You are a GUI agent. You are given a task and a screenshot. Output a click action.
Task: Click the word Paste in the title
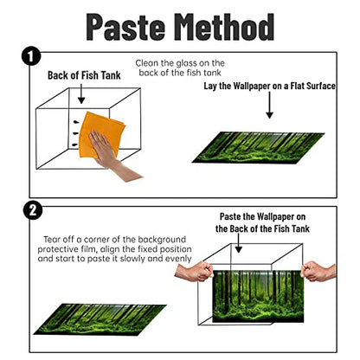(x=125, y=27)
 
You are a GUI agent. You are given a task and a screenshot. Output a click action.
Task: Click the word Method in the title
(x=224, y=27)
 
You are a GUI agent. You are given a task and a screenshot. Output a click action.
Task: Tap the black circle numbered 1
(x=31, y=56)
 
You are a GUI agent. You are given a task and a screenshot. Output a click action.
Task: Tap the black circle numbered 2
(x=33, y=210)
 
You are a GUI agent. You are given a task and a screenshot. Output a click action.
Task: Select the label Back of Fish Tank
(x=84, y=75)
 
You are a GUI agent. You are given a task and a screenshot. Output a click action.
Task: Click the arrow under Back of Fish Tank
(x=81, y=93)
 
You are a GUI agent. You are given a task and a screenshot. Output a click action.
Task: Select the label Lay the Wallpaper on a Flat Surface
(x=269, y=86)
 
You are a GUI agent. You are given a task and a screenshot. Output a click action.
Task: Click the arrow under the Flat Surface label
(x=269, y=105)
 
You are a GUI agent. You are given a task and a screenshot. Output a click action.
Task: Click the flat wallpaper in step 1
(x=258, y=148)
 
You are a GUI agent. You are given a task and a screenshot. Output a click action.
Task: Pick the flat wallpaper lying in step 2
(x=100, y=319)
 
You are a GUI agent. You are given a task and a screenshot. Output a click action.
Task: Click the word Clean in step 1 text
(x=147, y=63)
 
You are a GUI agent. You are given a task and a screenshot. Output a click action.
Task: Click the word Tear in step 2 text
(x=52, y=240)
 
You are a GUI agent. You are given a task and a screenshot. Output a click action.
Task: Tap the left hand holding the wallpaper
(x=194, y=272)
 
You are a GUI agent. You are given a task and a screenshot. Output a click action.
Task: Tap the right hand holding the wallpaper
(x=318, y=271)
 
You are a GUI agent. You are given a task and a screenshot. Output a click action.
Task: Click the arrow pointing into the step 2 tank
(x=238, y=243)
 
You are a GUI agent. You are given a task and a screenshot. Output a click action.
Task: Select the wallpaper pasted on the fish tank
(x=258, y=296)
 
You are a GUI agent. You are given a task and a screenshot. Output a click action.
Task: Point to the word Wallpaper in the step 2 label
(x=276, y=216)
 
